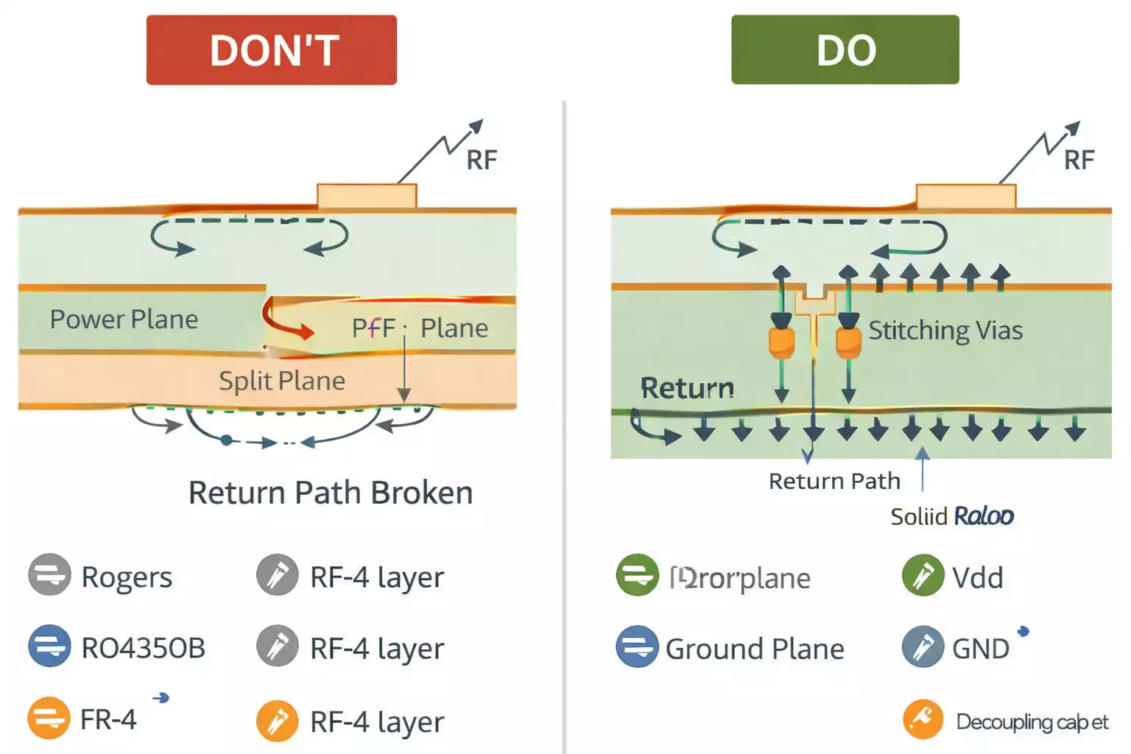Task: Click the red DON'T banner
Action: [271, 50]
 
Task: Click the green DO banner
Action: [845, 50]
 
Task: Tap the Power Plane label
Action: [124, 320]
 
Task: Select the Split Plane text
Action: [281, 381]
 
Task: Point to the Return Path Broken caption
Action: [330, 493]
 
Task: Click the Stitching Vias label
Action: [945, 331]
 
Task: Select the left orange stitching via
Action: [781, 342]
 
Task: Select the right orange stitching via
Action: [848, 342]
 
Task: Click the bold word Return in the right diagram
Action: [687, 388]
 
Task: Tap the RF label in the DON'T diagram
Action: [482, 160]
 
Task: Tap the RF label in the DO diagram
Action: [1079, 160]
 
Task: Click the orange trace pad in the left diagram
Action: [367, 197]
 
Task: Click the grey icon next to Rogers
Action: [49, 575]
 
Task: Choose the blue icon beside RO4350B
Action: [49, 646]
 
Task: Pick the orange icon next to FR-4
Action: [49, 718]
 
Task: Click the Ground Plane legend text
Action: [755, 649]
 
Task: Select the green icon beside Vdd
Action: [923, 575]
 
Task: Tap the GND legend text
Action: [980, 649]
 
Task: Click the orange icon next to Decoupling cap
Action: [923, 719]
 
